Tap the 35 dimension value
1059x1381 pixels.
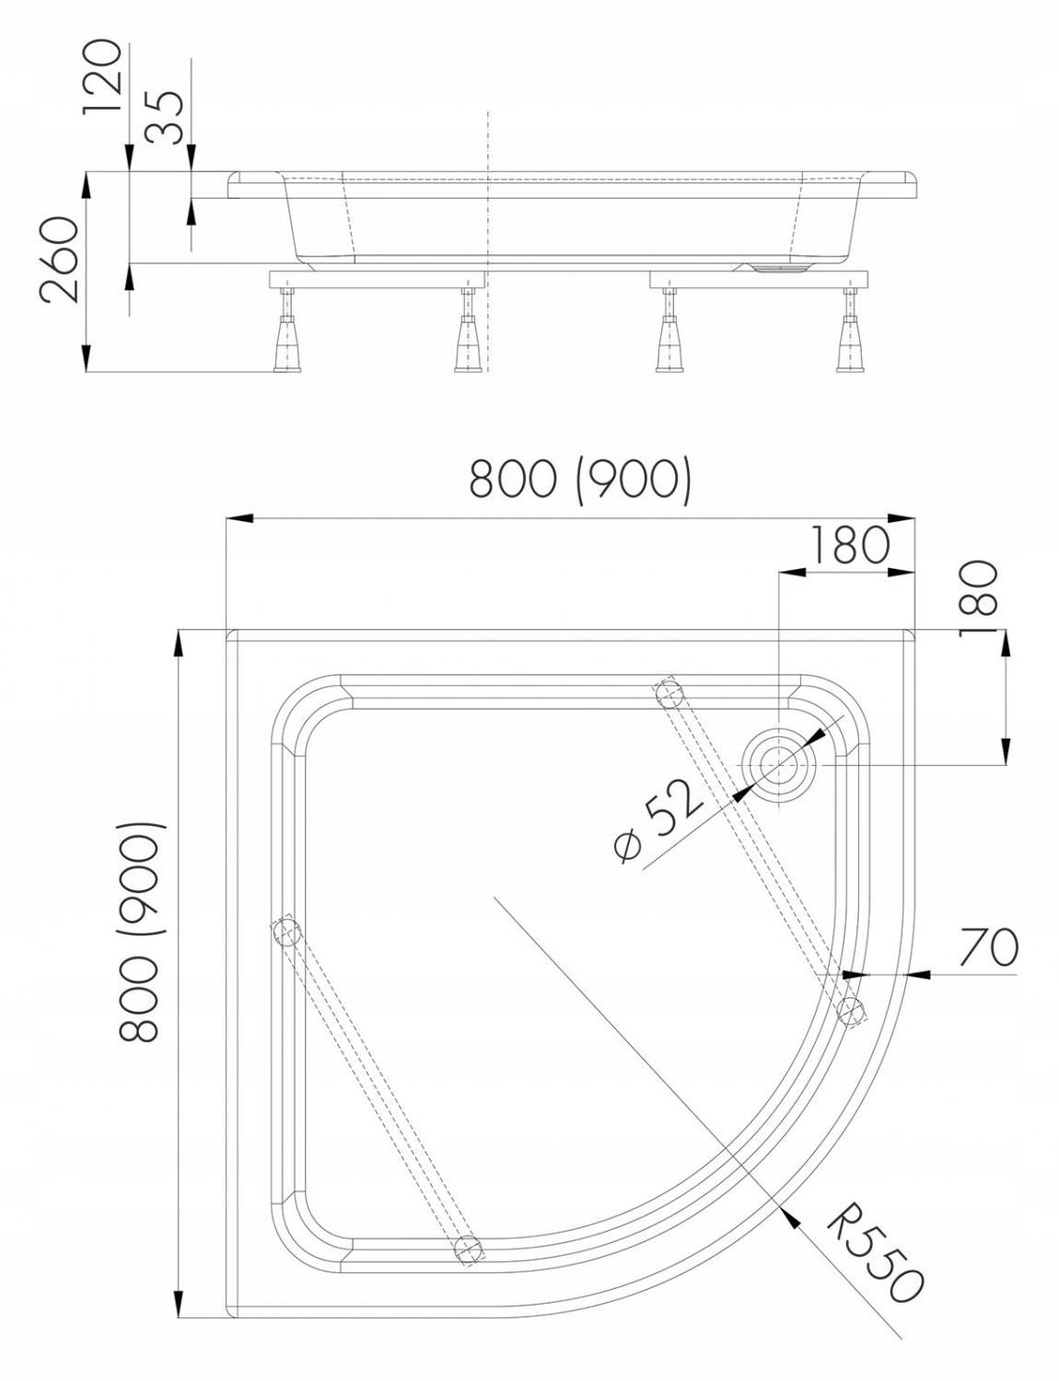[x=166, y=117]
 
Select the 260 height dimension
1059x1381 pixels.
[x=60, y=261]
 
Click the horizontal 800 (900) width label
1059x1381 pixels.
[x=579, y=480]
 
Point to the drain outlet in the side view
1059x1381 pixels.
[x=781, y=268]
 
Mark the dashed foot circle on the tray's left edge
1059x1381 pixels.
[x=286, y=933]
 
